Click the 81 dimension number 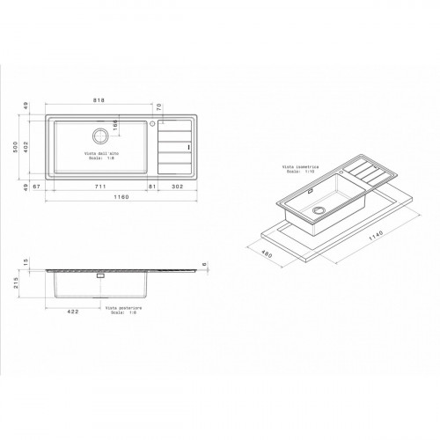(152, 186)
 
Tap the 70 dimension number (158, 107)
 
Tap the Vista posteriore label (121, 309)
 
